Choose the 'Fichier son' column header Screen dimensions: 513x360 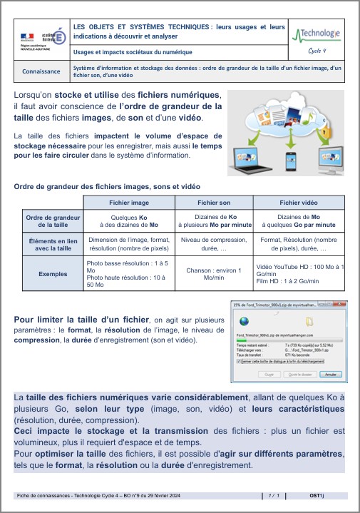(214, 203)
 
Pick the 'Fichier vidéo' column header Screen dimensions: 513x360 (299, 203)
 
